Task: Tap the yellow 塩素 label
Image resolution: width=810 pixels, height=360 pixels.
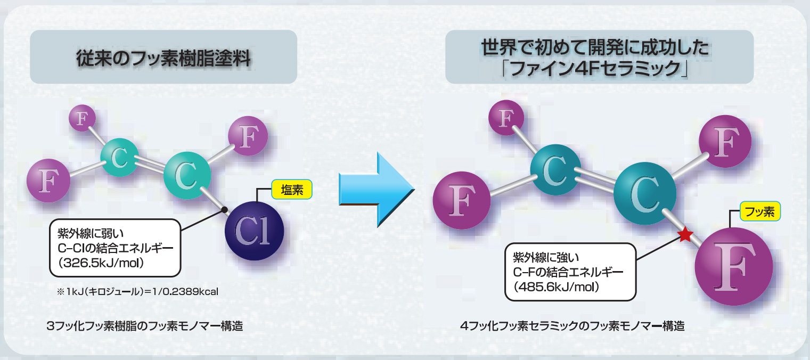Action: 291,190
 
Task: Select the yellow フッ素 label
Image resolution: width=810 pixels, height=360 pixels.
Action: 760,211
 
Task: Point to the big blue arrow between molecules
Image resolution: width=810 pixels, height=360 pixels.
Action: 375,190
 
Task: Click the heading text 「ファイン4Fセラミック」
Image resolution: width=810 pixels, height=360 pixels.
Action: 599,68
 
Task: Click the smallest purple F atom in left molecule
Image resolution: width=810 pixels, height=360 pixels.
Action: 82,118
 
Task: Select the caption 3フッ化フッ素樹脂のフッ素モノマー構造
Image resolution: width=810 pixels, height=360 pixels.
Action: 145,326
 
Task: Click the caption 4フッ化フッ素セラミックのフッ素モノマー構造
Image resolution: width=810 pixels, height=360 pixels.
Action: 572,326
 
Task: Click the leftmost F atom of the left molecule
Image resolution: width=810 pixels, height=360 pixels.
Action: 48,181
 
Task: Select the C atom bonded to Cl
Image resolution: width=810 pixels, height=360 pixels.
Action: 186,176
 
